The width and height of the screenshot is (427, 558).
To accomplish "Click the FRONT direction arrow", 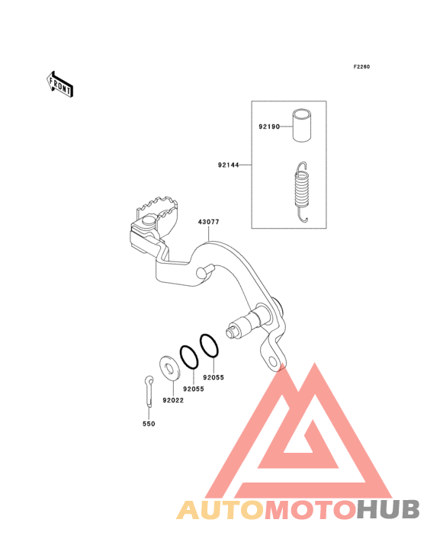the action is [59, 84].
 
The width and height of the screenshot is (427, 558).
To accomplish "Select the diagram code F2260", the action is [361, 67].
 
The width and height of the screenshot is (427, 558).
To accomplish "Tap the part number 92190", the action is [269, 127].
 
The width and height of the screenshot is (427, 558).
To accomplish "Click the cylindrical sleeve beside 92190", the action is [302, 125].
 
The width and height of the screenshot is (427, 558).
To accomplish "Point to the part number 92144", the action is [229, 165].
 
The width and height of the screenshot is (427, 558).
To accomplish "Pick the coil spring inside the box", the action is [302, 192].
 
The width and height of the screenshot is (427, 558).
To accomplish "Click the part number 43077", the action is [208, 222].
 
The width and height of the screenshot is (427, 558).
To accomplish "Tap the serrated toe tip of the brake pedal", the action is [156, 207].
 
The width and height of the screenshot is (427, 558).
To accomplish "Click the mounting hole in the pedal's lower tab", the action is [273, 362].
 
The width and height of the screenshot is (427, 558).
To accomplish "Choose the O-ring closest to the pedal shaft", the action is [209, 345].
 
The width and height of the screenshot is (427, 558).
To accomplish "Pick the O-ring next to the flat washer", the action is [189, 358].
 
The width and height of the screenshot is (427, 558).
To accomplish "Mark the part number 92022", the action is [173, 400].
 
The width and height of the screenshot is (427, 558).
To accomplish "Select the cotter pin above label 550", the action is [149, 391].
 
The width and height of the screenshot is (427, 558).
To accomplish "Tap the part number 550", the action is [149, 424].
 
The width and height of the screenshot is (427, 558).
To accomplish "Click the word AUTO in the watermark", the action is [220, 510].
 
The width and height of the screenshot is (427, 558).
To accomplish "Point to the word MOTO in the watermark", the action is [310, 510].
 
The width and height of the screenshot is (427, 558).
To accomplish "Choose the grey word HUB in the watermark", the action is [388, 509].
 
